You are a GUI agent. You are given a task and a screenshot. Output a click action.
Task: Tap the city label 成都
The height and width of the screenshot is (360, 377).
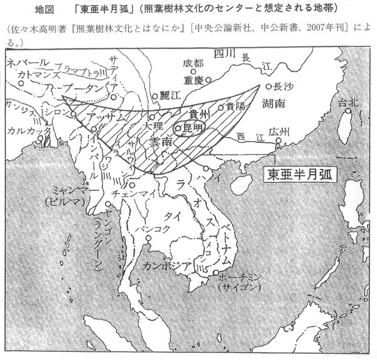(x=195, y=63)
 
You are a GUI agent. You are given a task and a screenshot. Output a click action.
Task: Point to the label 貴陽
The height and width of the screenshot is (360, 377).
(x=236, y=106)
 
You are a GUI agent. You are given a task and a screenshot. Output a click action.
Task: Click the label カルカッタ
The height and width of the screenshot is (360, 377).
(x=25, y=131)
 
